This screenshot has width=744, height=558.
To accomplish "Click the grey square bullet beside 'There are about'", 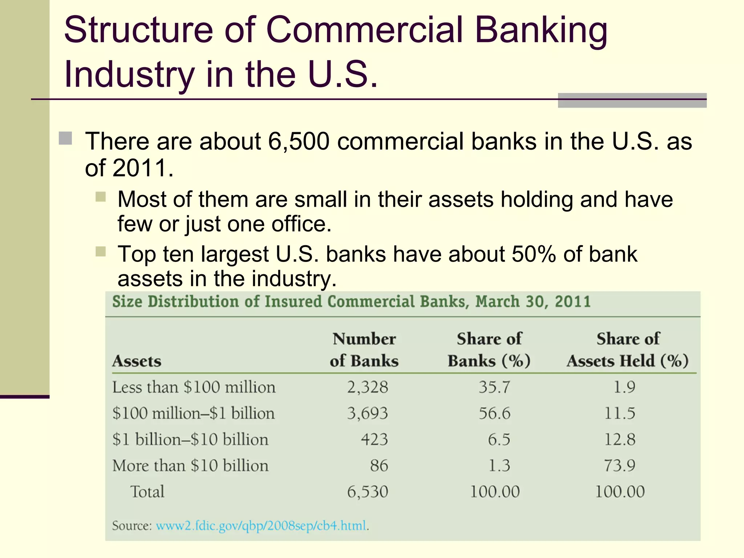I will (x=65, y=138).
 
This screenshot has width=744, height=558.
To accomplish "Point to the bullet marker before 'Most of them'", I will (x=101, y=197).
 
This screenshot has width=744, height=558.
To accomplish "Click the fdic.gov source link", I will (x=261, y=526).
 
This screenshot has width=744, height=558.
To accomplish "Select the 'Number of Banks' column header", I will (x=364, y=349).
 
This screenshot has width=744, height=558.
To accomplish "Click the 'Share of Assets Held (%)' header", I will (x=627, y=349).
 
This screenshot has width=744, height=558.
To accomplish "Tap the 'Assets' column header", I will (x=137, y=361).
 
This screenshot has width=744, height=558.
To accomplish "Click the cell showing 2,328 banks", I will (x=367, y=387).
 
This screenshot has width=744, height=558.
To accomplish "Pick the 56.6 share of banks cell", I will (x=494, y=413).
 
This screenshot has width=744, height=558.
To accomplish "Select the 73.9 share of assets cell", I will (x=619, y=465).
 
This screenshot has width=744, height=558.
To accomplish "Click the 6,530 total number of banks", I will (x=367, y=492).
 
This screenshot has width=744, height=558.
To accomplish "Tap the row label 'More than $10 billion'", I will (x=190, y=465).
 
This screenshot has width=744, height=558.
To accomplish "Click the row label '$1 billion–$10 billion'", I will (x=190, y=439).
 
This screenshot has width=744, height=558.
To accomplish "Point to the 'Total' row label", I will (x=147, y=492).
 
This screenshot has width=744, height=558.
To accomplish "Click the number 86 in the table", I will (x=379, y=465).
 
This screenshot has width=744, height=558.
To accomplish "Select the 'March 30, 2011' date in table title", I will (x=533, y=302).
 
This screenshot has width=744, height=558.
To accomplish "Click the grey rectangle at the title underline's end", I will (x=632, y=101).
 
